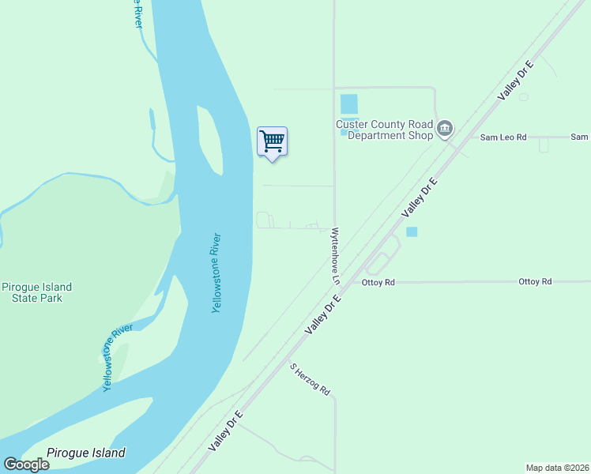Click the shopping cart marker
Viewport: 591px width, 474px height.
click(272, 142)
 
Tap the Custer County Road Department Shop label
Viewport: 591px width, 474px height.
click(384, 130)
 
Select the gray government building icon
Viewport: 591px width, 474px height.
click(445, 128)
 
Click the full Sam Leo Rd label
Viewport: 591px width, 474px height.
click(503, 137)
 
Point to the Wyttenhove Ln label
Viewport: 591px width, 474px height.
click(335, 256)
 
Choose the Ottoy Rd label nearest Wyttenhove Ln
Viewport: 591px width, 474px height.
click(378, 282)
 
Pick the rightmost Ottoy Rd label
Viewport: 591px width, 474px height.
click(535, 281)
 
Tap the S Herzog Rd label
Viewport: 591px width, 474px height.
click(309, 379)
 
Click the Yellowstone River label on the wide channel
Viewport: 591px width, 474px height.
click(216, 273)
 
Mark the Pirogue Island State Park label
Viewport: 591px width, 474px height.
click(37, 292)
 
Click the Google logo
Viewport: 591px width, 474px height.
click(26, 465)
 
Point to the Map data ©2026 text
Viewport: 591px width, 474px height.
click(558, 467)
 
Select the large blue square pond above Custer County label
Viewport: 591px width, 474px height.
click(348, 103)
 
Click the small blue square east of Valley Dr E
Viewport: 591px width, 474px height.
click(411, 231)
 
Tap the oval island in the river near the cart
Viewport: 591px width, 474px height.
click(209, 138)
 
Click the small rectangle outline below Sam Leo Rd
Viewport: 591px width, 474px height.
click(544, 145)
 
